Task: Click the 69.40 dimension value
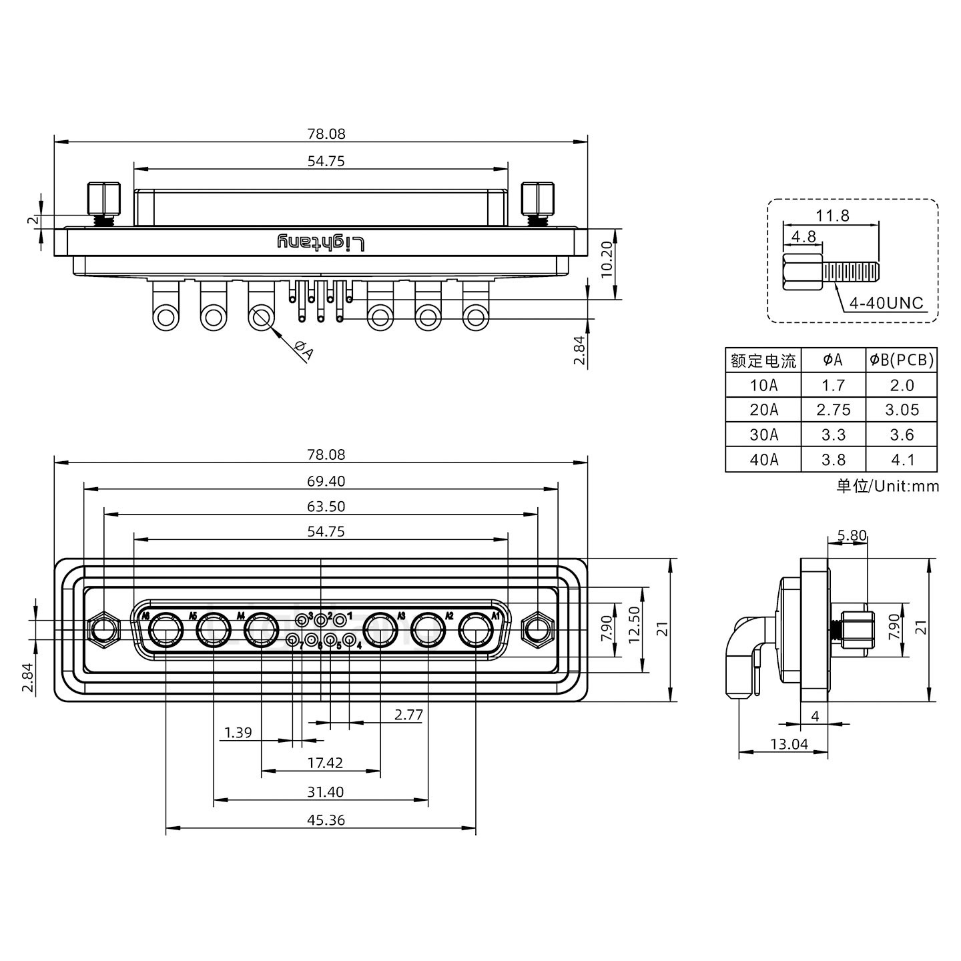click(326, 481)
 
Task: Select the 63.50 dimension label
click(326, 507)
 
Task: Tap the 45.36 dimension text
click(326, 820)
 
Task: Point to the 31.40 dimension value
click(326, 792)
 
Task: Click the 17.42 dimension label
click(326, 763)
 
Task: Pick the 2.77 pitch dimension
click(408, 715)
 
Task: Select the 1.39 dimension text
click(238, 733)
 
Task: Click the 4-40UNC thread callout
click(886, 303)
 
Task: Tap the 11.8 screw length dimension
click(832, 216)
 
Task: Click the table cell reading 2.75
click(834, 410)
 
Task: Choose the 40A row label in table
click(763, 460)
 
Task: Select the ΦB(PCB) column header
click(901, 360)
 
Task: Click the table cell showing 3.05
click(902, 410)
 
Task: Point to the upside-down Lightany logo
click(321, 243)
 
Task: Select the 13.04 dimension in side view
click(789, 744)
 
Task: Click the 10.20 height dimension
click(606, 260)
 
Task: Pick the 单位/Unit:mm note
click(888, 486)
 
